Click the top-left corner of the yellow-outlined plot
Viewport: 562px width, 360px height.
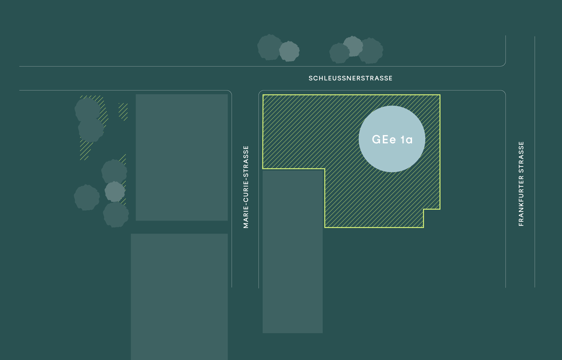[263, 95]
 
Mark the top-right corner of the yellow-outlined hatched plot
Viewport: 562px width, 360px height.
[440, 95]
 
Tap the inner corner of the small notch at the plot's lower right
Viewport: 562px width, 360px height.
[424, 209]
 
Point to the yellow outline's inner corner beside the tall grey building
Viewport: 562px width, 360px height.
[325, 169]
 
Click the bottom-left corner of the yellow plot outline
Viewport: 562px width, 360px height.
[325, 227]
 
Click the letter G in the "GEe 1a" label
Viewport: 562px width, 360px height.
[377, 140]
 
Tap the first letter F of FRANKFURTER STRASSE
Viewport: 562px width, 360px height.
[521, 224]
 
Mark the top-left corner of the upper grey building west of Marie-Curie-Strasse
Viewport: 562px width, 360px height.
[136, 94]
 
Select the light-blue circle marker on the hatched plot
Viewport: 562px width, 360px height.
[392, 139]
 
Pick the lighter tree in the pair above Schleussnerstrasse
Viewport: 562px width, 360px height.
[289, 51]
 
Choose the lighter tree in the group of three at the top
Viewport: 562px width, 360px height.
[353, 46]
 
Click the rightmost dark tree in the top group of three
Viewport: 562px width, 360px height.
[371, 51]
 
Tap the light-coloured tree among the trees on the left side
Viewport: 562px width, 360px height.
[115, 192]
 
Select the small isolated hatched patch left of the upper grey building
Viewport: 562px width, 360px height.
[123, 112]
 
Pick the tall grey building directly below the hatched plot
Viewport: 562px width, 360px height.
[293, 252]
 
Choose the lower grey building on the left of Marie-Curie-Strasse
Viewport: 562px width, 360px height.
[179, 297]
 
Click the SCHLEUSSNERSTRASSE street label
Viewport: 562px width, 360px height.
[351, 78]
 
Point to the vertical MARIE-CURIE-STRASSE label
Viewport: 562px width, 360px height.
[246, 187]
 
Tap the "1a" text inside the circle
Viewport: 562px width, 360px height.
[407, 140]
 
